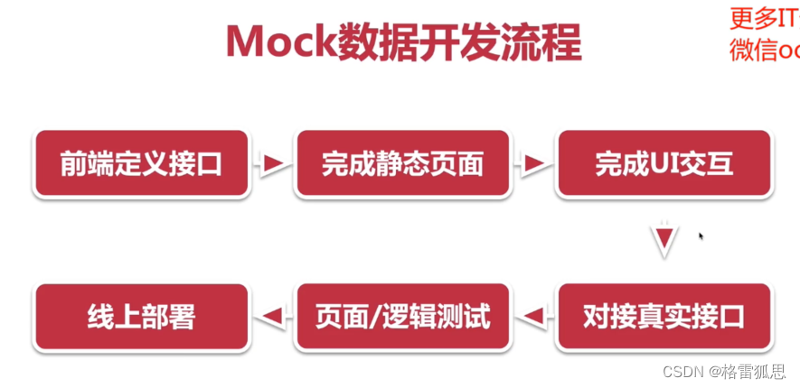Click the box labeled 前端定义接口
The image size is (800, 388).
141,163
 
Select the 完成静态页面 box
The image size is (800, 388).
402,163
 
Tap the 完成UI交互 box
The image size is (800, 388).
664,163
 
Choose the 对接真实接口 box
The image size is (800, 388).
664,317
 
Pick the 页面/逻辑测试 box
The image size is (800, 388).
402,317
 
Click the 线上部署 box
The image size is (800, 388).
141,317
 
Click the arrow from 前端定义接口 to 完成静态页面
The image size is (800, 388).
272,163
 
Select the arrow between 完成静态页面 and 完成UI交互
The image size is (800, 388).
533,163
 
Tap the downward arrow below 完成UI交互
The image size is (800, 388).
665,241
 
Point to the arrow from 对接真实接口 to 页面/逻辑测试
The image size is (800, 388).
533,316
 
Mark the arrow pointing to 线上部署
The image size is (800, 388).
272,316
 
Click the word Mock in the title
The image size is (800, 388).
278,43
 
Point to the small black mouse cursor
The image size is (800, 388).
701,236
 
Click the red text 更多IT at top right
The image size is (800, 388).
763,18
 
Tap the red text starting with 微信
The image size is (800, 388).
763,49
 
